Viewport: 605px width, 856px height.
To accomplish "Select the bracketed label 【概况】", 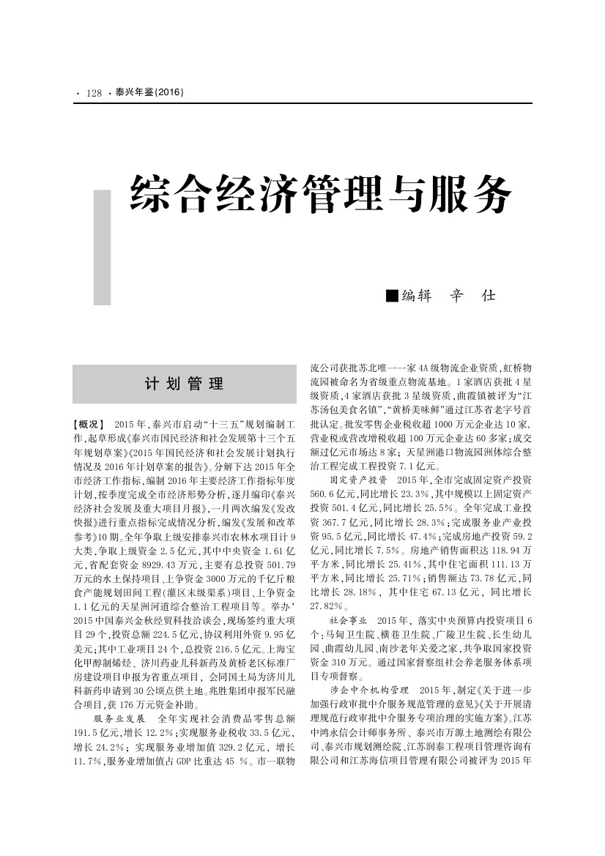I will (90, 424).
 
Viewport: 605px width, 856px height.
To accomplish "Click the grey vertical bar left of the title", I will (102, 247).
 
